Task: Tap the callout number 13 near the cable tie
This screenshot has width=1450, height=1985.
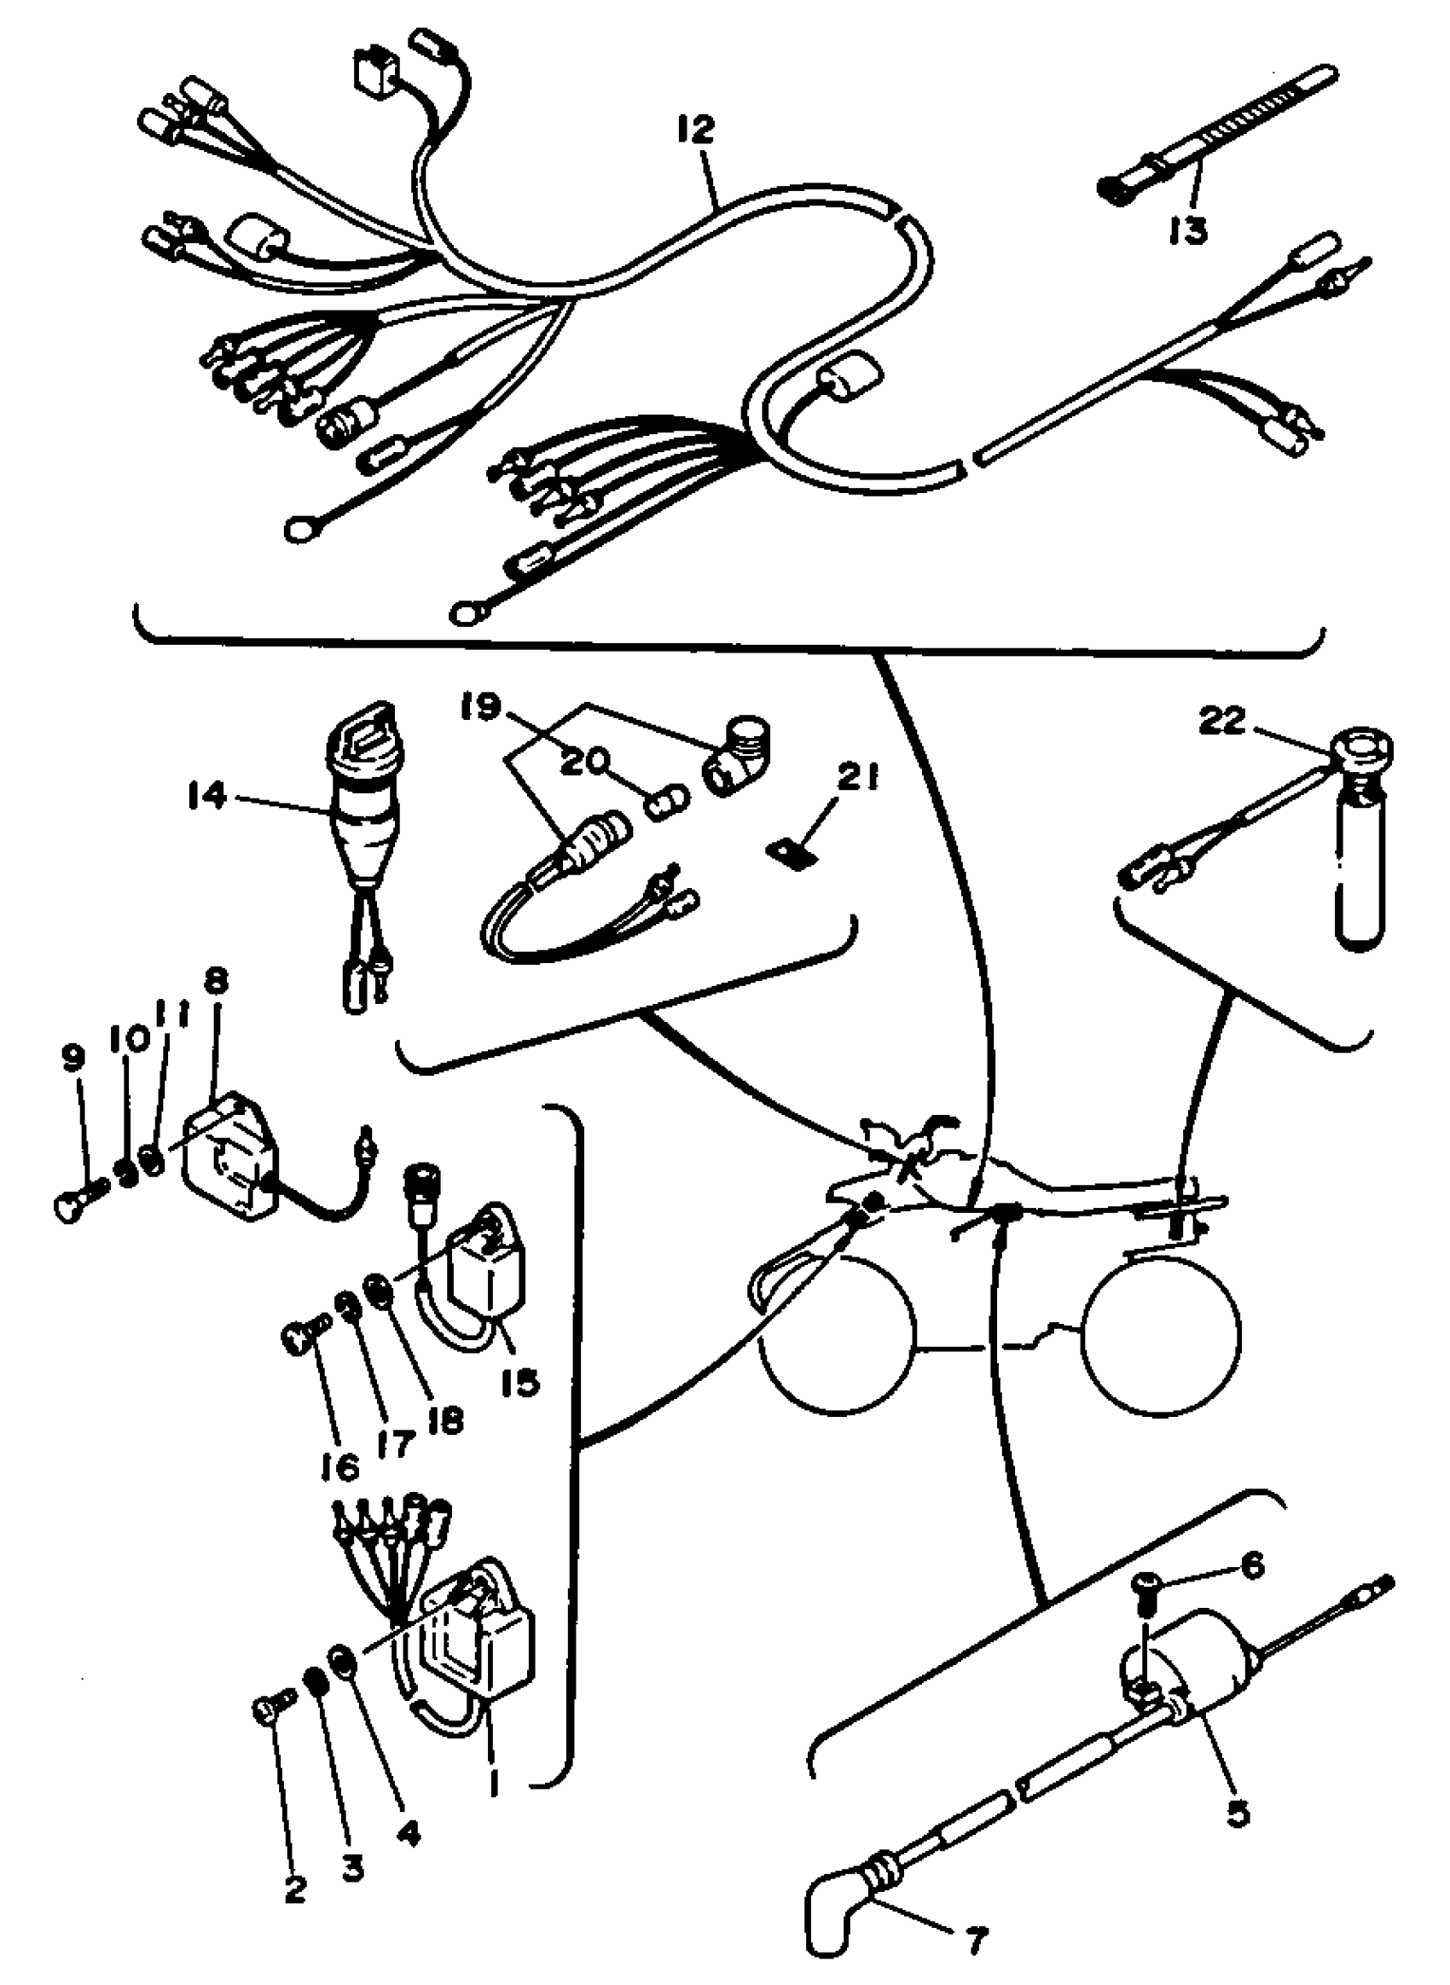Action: tap(1189, 230)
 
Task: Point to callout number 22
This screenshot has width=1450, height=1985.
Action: tap(1222, 721)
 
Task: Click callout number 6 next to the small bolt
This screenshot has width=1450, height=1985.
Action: tap(1252, 1564)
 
